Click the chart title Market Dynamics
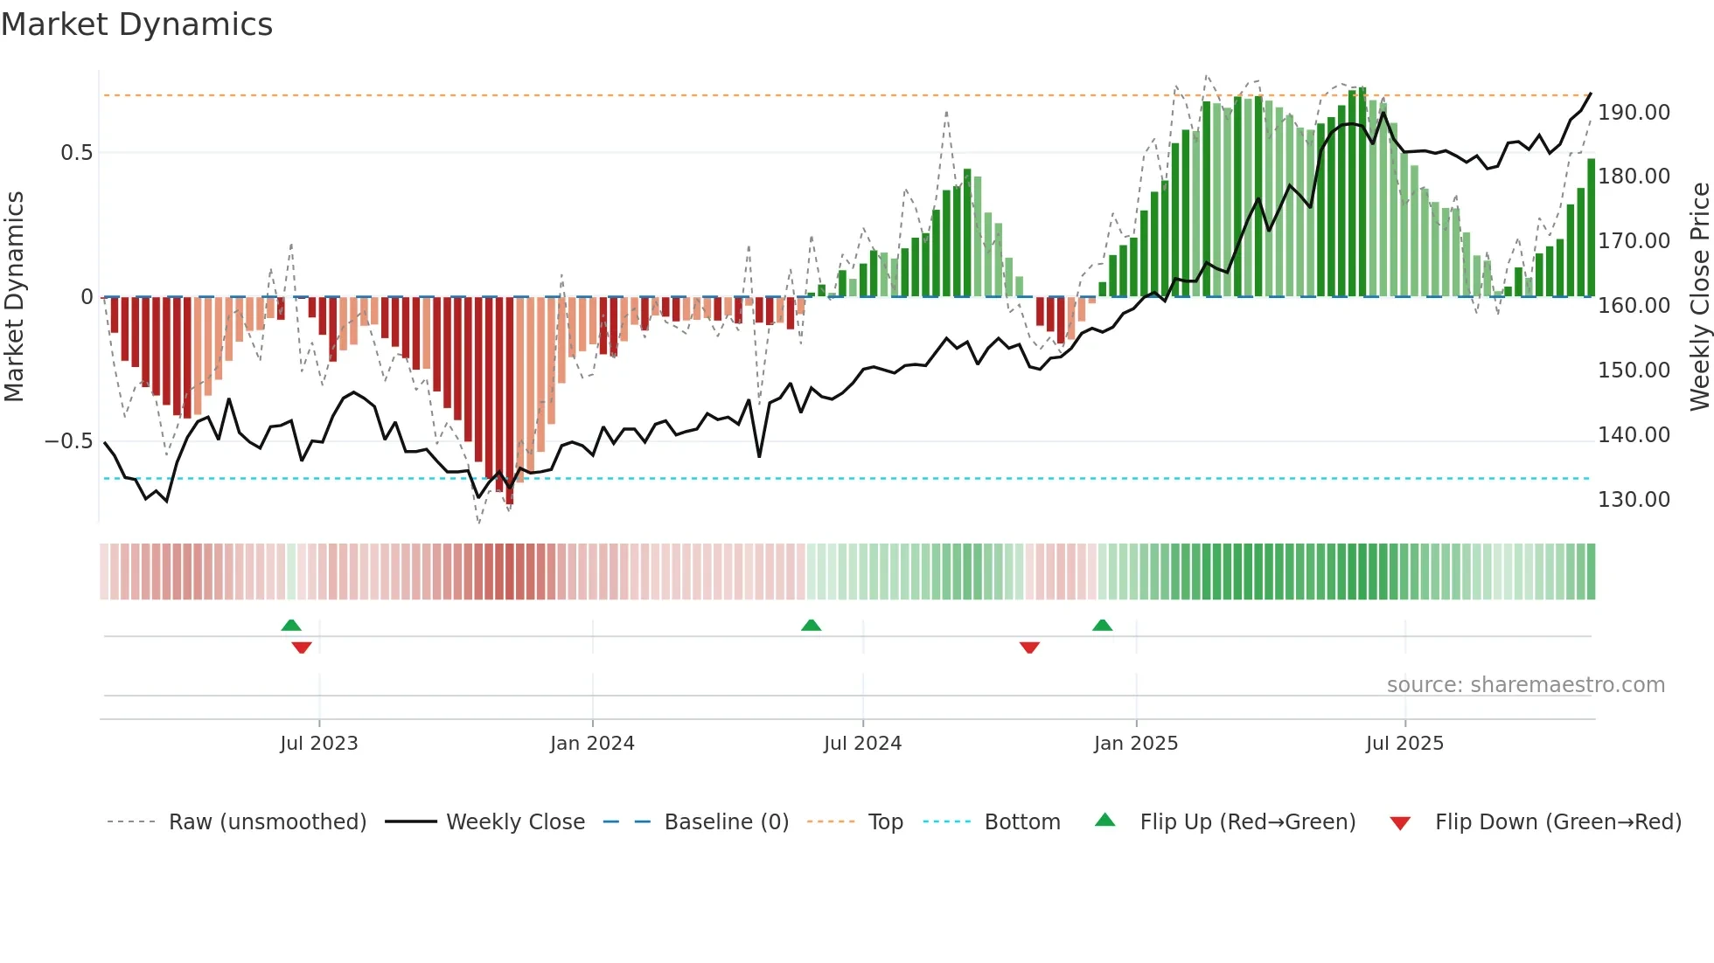pos(136,24)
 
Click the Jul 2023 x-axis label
pos(319,744)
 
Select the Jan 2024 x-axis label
pos(592,744)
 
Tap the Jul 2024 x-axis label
pos(862,744)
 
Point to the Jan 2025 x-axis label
pos(1136,744)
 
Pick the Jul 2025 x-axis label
pos(1404,744)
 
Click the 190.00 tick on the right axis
pos(1634,113)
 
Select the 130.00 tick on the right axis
pos(1634,500)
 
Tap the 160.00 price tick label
pos(1634,306)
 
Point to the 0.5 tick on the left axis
pos(76,153)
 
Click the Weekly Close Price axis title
pos(1699,296)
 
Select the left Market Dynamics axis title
pos(14,296)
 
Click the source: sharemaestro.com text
pos(1525,685)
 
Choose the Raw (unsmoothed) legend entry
pos(267,822)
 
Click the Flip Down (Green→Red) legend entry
pos(1557,822)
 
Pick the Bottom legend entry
pos(1021,822)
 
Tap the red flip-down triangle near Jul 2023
pos(302,648)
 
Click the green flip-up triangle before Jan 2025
pos(1102,625)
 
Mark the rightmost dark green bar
pos(1591,229)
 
